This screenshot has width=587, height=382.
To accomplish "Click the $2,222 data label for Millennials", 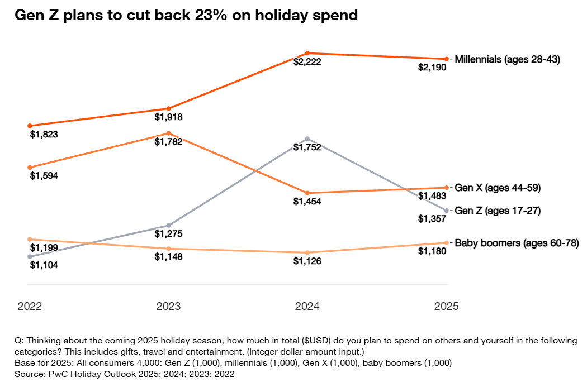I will [307, 62].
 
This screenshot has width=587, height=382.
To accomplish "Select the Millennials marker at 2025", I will [446, 59].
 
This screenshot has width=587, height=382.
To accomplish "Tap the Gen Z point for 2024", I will [307, 138].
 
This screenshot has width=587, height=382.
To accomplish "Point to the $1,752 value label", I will [307, 147].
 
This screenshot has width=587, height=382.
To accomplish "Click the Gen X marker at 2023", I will [168, 133].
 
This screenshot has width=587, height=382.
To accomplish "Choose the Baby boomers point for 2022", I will [30, 239].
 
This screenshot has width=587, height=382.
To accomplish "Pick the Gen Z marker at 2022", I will [30, 256].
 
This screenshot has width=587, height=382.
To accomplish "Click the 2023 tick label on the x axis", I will [168, 306].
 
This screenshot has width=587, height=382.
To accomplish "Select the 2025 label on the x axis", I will [446, 306].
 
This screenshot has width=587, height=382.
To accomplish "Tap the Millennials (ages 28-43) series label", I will [508, 59].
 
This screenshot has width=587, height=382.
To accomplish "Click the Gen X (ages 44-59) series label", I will [498, 188].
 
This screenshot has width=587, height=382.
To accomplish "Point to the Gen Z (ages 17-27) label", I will [498, 211].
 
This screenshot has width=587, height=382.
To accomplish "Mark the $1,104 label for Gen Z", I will [44, 265].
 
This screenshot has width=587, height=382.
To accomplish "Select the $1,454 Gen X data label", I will [307, 202].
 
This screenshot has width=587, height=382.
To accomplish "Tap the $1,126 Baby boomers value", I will [307, 261].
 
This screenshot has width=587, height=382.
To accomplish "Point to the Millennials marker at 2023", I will [168, 108].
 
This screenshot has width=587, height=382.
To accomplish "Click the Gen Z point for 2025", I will [446, 210].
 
